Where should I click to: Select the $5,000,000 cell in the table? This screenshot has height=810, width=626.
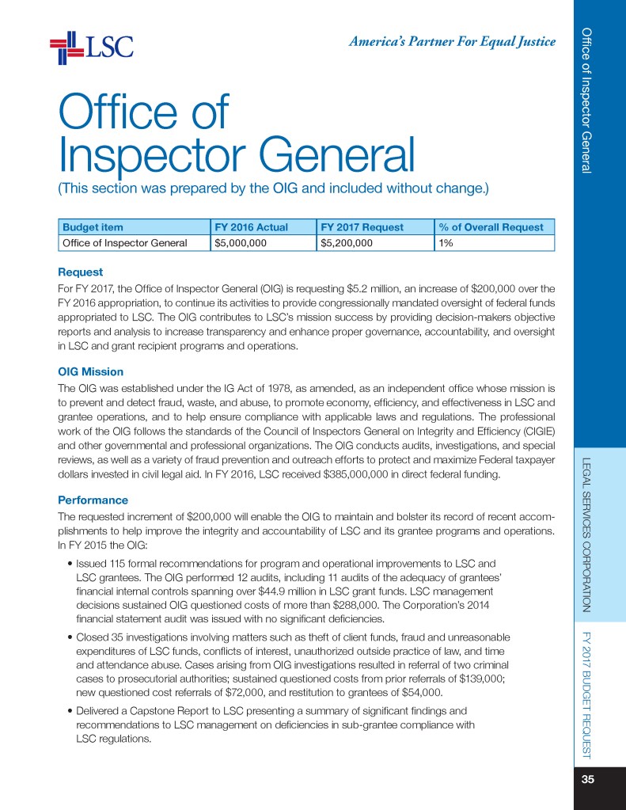(x=241, y=243)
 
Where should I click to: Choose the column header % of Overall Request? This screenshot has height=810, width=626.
(x=491, y=227)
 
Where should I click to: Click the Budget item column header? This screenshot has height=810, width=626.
(x=87, y=227)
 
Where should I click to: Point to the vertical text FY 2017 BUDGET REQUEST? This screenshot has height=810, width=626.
(x=587, y=695)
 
